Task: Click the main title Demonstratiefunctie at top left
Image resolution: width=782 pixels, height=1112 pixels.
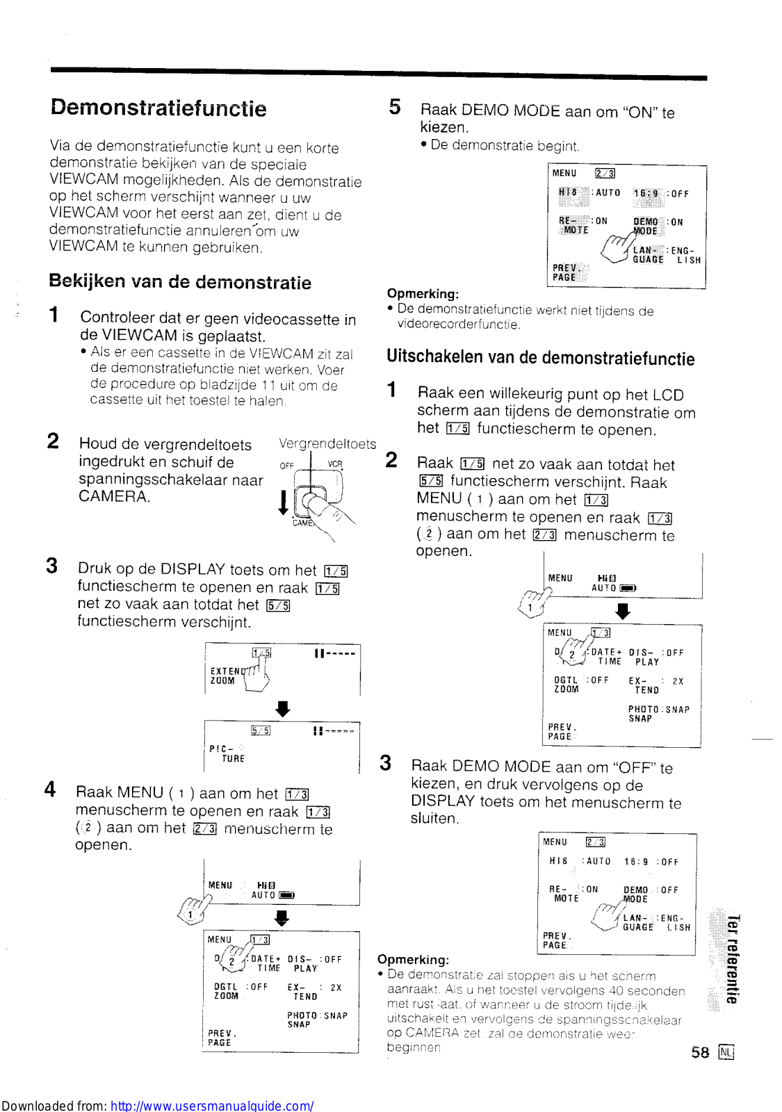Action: pos(158,108)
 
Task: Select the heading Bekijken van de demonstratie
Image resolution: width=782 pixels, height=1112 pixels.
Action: pos(180,281)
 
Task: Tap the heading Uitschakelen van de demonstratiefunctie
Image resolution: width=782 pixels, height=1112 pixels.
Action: pos(540,357)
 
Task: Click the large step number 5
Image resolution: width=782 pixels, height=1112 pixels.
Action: pos(395,107)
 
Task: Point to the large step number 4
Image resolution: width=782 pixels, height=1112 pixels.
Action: pos(50,790)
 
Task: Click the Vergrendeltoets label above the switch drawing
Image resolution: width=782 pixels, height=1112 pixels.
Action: pos(327,444)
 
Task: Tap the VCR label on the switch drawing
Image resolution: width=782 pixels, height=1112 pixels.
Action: pos(335,465)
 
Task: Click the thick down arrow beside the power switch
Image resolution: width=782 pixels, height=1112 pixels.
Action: pos(283,502)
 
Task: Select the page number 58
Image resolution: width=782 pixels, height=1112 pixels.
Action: pos(700,1052)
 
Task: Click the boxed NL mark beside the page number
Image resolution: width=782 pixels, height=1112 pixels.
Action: pos(726,1052)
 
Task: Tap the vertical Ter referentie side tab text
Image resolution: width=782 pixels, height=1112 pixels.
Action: pos(732,959)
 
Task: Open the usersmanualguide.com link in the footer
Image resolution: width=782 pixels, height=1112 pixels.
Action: pos(212,1105)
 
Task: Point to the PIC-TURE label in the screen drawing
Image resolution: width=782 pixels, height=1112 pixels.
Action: pos(226,753)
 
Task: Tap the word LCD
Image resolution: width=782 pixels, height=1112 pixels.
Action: pos(668,395)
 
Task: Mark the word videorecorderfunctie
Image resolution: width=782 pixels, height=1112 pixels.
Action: pos(459,325)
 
